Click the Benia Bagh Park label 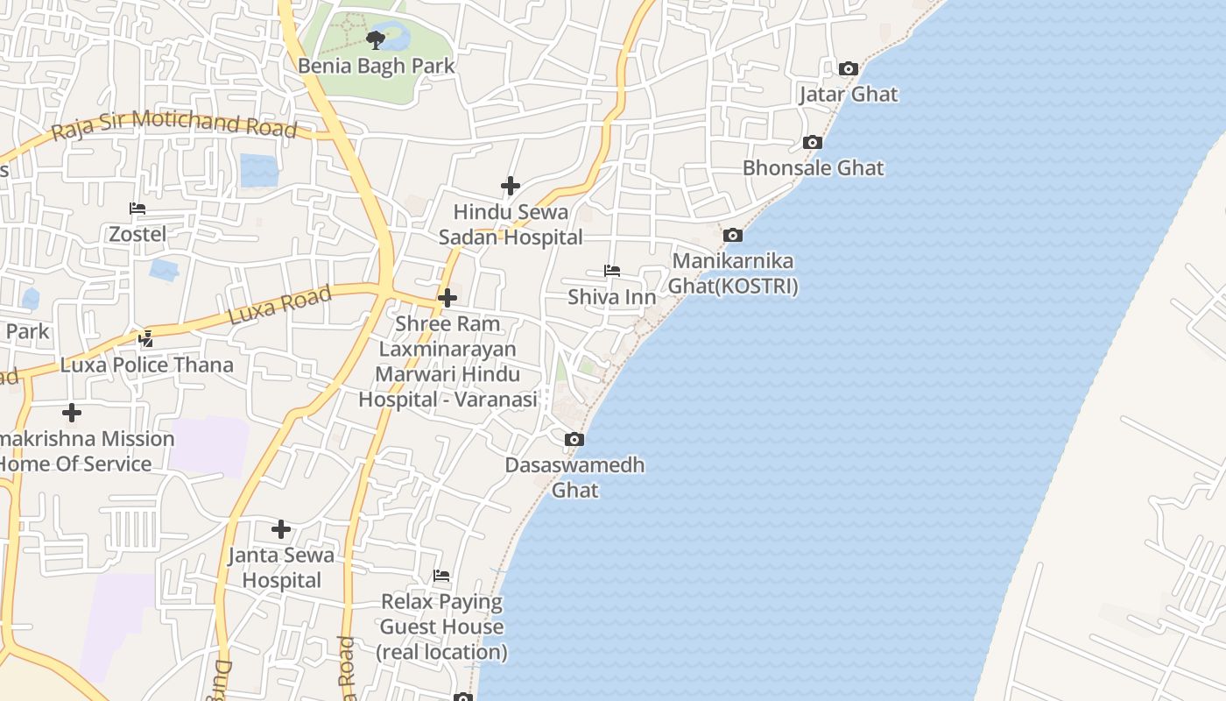click(377, 66)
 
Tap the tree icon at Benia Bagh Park click(376, 39)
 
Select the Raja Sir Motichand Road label click(174, 124)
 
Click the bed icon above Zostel click(137, 209)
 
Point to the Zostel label click(137, 234)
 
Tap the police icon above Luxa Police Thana click(146, 338)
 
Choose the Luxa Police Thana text click(147, 365)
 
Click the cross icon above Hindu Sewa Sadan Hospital click(511, 186)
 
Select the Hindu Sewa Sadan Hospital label click(511, 224)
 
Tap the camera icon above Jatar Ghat click(848, 68)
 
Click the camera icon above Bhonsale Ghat click(813, 142)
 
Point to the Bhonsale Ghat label click(814, 167)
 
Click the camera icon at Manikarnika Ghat click(733, 235)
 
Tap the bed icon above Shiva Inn click(612, 272)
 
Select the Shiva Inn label click(612, 297)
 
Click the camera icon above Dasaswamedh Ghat click(574, 439)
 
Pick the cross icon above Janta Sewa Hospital click(281, 529)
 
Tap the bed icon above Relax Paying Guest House click(441, 576)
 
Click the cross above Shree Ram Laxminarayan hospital click(447, 298)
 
